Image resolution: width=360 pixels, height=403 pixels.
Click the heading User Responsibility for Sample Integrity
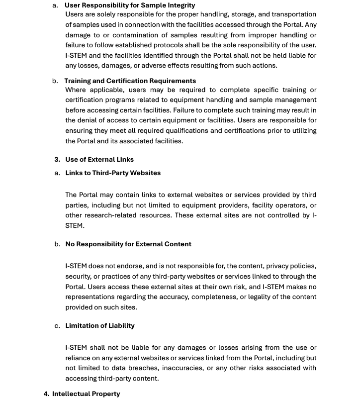129,5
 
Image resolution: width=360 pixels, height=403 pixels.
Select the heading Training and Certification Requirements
130,81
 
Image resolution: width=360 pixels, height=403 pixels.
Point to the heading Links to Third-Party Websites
113,173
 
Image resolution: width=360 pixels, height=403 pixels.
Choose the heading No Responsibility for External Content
128,244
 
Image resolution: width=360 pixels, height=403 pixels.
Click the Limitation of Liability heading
100,325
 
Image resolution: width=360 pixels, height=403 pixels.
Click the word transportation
293,14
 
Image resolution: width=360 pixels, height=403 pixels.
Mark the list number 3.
57,159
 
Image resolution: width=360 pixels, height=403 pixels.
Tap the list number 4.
46,394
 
